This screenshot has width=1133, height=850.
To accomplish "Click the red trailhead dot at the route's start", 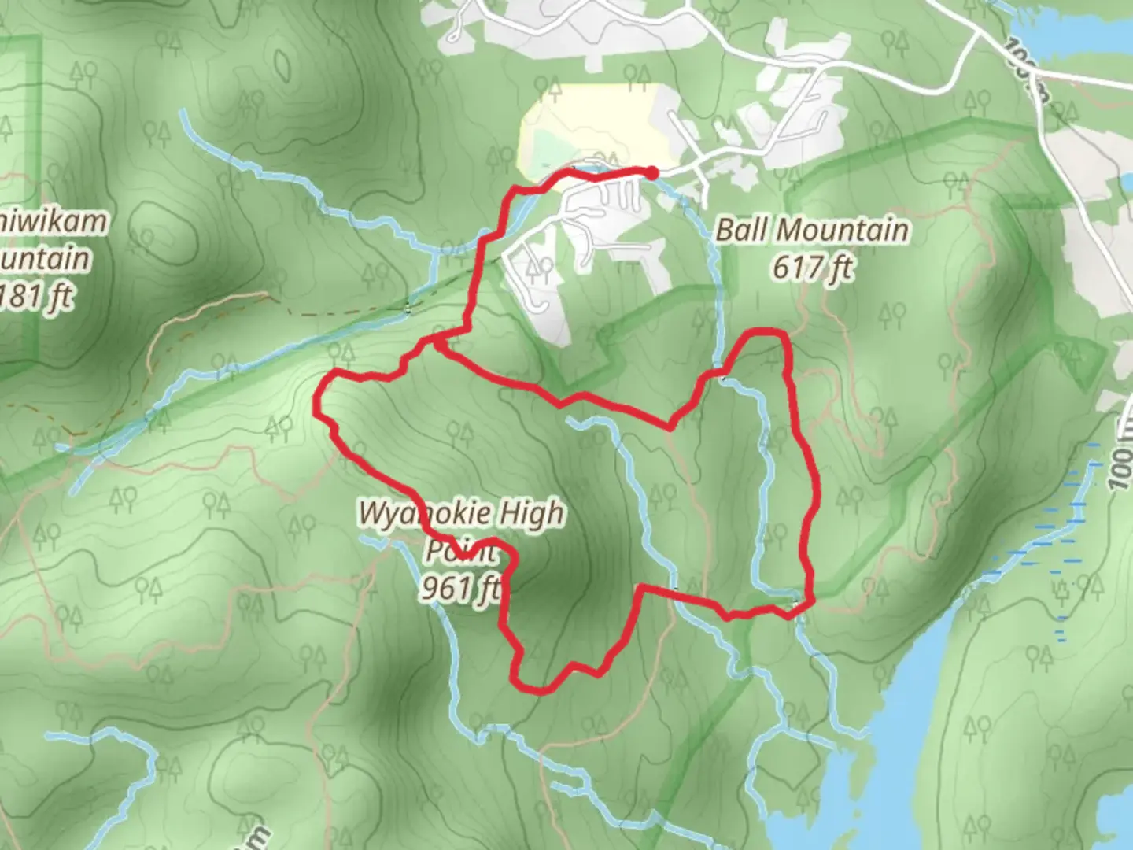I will coord(652,172).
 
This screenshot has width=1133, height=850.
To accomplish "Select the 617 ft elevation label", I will coord(812,268).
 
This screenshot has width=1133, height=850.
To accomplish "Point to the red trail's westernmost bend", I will coord(317,405).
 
